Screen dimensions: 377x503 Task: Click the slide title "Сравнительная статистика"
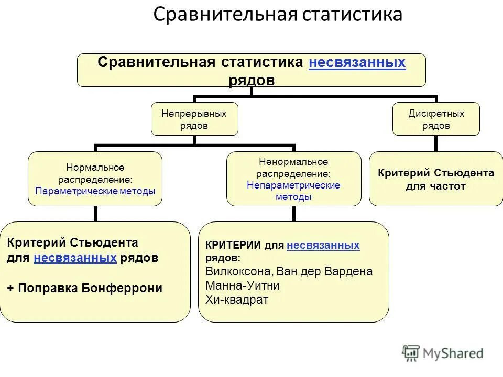point(278,15)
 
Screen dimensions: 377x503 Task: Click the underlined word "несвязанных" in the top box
point(357,63)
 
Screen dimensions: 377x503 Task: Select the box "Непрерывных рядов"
point(194,119)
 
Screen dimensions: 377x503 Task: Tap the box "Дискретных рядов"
point(436,119)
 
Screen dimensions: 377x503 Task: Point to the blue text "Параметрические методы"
point(95,191)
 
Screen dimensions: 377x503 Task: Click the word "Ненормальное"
point(293,162)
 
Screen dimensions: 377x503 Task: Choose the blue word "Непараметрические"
point(293,185)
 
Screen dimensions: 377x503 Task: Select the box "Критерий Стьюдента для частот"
point(436,179)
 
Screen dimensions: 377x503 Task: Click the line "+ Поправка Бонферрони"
point(85,288)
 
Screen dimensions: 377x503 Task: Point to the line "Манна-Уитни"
point(243,286)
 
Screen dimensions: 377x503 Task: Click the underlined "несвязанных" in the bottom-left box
point(75,258)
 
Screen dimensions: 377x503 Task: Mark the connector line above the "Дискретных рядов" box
point(436,99)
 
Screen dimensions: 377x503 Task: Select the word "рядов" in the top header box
point(251,80)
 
